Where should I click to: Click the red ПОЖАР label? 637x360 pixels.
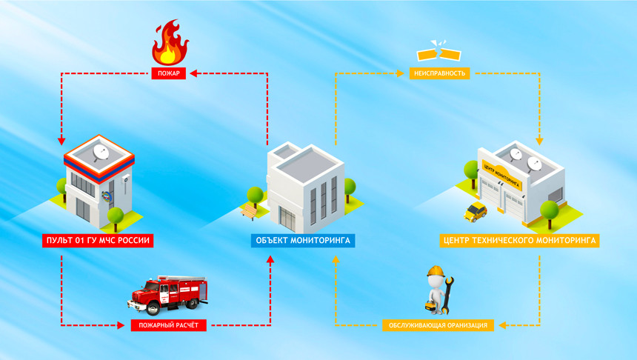point(169,73)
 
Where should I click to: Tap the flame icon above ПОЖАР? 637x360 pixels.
point(170,42)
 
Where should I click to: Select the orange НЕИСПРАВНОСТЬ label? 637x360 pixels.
point(439,73)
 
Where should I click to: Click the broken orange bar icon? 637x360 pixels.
point(439,51)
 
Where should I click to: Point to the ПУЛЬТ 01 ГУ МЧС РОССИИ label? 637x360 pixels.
point(98,241)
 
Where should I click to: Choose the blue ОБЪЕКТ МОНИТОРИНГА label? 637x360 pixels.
point(303,241)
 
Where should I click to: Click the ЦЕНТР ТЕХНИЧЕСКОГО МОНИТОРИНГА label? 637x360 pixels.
point(519,241)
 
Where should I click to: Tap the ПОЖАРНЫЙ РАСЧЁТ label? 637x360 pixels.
point(169,325)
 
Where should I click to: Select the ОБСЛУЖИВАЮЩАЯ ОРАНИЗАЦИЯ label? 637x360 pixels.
point(438,325)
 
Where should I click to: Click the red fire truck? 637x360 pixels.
point(168,295)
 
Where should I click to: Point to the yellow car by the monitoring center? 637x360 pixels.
point(476,212)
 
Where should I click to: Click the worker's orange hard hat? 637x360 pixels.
point(436,271)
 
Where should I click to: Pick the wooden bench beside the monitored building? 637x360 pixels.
point(249,212)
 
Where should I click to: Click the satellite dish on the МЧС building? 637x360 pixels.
point(101,153)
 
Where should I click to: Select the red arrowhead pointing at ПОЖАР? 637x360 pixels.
point(193,73)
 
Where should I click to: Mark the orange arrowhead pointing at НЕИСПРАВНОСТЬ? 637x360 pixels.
point(400,73)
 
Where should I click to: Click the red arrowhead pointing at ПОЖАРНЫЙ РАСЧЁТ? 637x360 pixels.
point(121,325)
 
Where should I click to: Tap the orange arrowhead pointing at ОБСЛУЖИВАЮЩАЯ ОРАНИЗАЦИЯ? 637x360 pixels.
point(502,325)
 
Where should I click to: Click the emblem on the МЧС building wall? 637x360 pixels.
point(107,196)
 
